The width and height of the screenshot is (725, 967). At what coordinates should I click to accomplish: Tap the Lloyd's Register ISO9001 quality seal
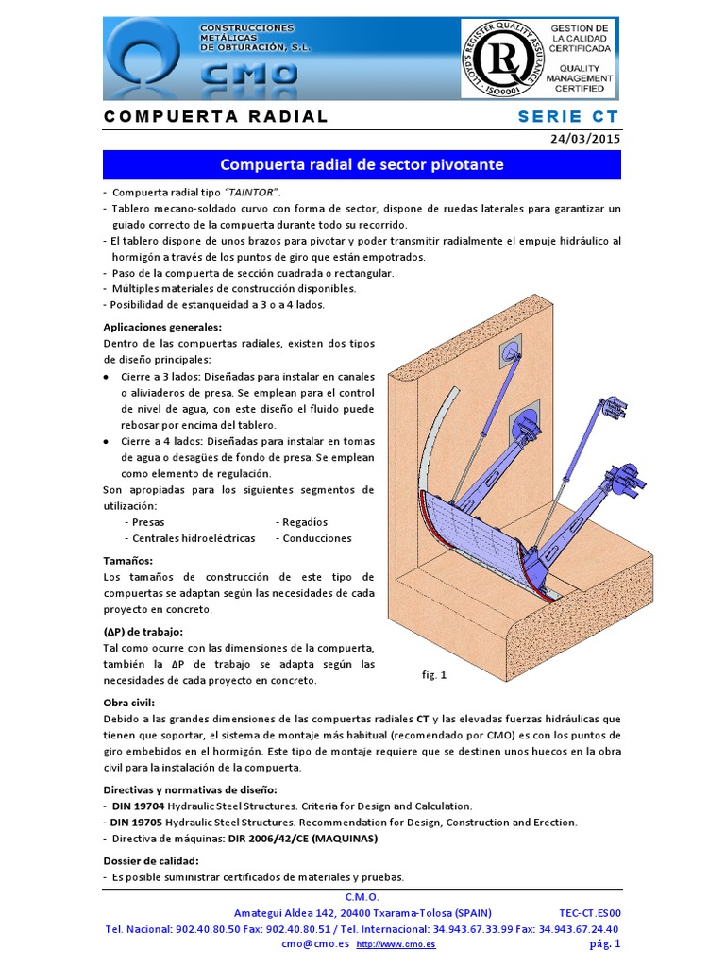point(500,59)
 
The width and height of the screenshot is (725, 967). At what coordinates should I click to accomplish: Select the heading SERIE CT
point(568,117)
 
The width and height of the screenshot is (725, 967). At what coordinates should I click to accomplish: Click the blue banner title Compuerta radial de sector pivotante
point(362,164)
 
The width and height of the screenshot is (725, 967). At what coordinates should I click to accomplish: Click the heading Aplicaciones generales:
point(162,327)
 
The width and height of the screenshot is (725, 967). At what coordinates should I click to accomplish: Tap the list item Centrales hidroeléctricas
point(194,538)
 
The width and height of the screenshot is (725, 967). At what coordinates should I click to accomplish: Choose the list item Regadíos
point(305,522)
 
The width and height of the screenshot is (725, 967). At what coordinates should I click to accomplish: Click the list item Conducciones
point(316,538)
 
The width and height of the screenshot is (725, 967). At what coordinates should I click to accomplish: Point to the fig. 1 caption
point(434,675)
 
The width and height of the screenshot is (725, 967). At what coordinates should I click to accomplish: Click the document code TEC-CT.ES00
point(589,913)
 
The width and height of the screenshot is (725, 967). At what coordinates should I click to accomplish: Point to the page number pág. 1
point(604,943)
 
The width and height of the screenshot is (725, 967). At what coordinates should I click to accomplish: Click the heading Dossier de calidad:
point(150,860)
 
